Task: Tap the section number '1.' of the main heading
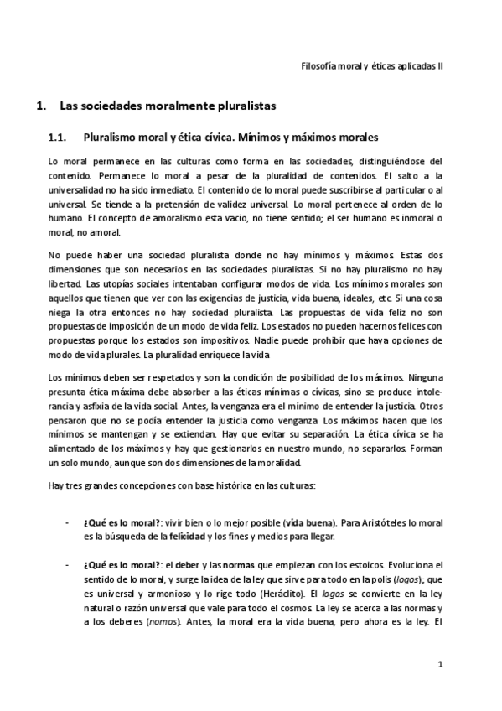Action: pos(37,106)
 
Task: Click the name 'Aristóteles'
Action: pos(385,522)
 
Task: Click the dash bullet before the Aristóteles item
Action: pos(66,522)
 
